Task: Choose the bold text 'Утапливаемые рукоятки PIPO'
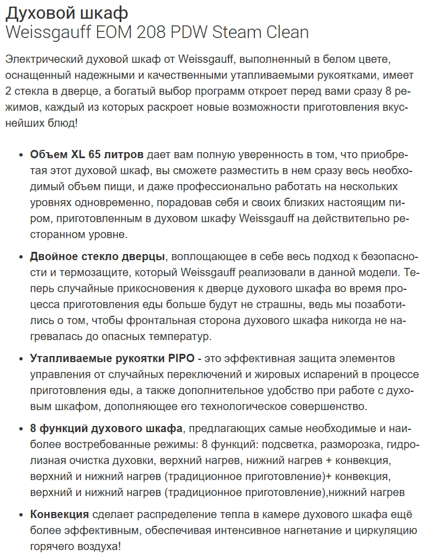click(x=112, y=358)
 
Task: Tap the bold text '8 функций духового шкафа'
click(x=106, y=428)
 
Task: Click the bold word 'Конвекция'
click(x=59, y=515)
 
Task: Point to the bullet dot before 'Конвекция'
click(x=21, y=515)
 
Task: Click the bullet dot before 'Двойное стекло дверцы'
click(x=21, y=257)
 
